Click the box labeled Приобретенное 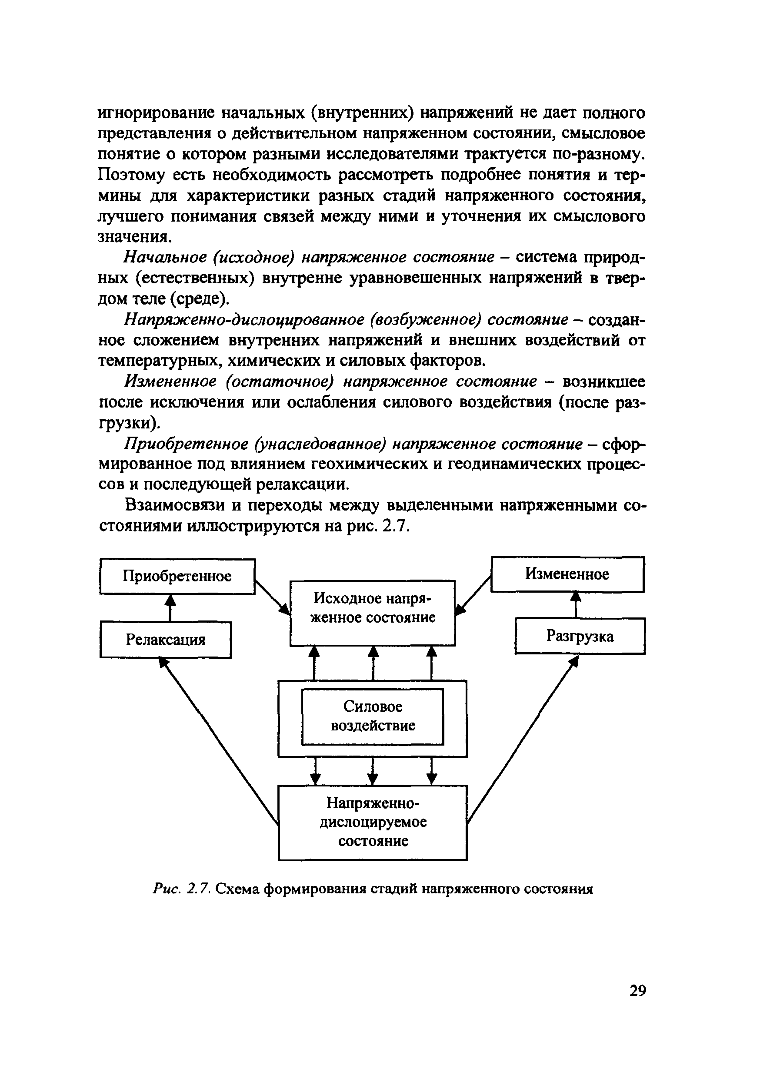(177, 576)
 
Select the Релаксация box (165, 640)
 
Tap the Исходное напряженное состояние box (373, 613)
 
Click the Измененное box (567, 574)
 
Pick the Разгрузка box (580, 636)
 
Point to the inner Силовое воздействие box (373, 716)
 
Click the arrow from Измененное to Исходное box (473, 595)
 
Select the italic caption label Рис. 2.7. (183, 889)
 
